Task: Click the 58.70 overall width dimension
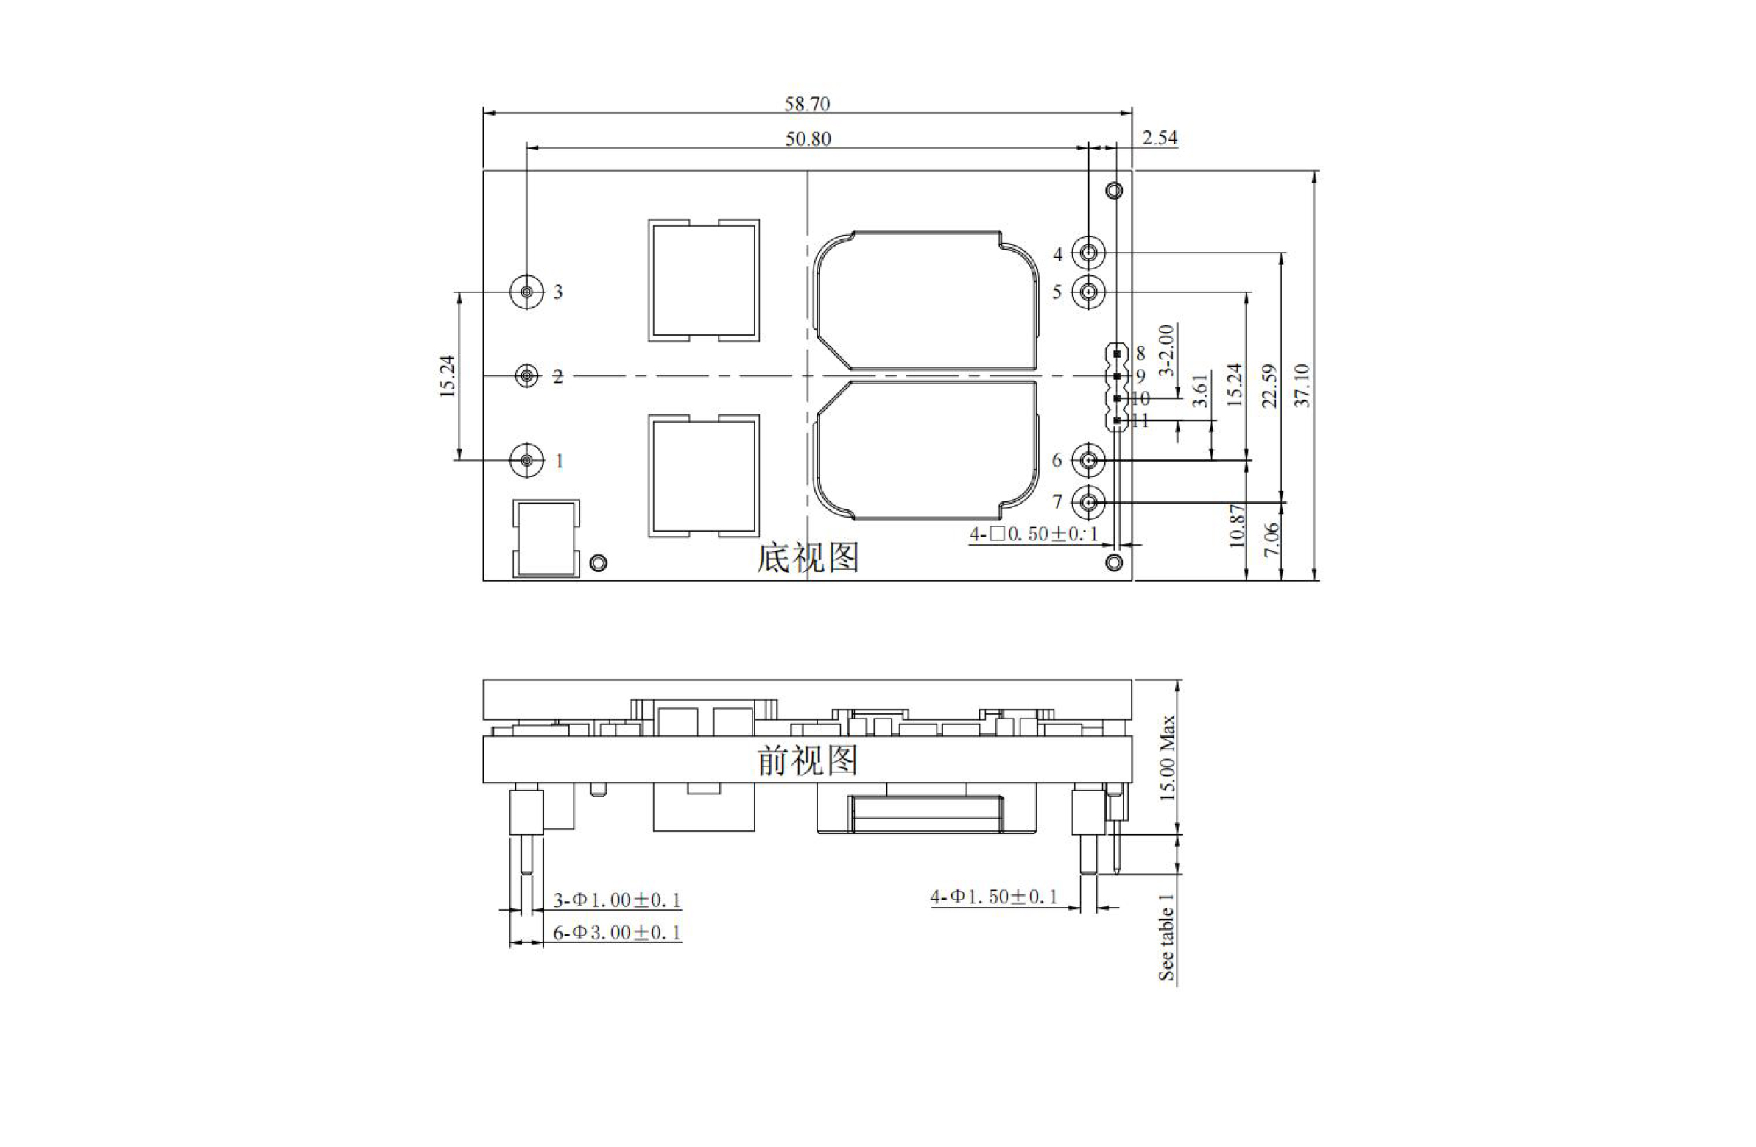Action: (806, 104)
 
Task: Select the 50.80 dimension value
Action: (808, 138)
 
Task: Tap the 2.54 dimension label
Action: (1159, 138)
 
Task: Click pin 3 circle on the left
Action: (526, 292)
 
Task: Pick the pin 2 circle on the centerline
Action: (526, 376)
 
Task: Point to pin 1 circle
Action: (526, 460)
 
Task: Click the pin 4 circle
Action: (1089, 253)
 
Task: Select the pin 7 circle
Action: (1089, 502)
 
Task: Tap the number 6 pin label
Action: (1057, 460)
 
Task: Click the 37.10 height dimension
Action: (1302, 385)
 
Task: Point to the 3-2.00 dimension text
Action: (1166, 350)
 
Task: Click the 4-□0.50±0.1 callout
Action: (1034, 534)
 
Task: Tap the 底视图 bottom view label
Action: (808, 557)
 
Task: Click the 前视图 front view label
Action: (808, 760)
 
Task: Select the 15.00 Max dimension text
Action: (1166, 758)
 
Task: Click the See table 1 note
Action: (1166, 936)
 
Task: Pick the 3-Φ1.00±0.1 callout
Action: (617, 900)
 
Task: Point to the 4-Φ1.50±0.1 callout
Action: (994, 897)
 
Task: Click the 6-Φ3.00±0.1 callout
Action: (617, 932)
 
